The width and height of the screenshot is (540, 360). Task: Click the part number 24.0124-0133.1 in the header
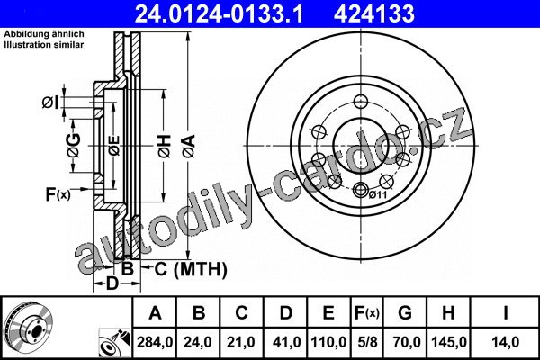(219, 14)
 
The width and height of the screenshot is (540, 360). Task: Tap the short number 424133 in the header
(374, 14)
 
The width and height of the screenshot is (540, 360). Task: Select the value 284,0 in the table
(155, 342)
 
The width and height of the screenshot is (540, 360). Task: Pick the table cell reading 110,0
(328, 342)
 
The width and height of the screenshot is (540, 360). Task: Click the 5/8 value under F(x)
(367, 342)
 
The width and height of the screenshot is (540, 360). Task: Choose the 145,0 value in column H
(449, 342)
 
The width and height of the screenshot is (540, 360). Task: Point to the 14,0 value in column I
(506, 342)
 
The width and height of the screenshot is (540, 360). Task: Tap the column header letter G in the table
(405, 313)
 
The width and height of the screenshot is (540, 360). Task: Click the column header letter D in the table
(286, 313)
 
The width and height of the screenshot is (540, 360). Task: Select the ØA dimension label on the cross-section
(189, 146)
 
